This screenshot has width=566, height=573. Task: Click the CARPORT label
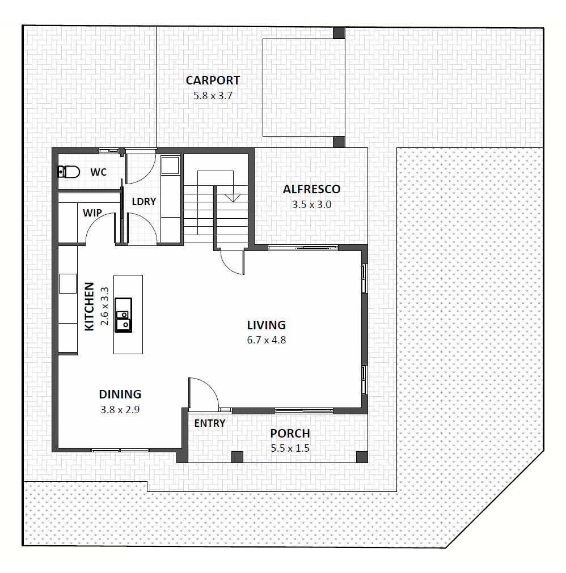pyautogui.click(x=213, y=80)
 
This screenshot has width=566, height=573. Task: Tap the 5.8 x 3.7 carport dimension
pyautogui.click(x=213, y=96)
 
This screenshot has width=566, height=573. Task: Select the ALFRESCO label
pyautogui.click(x=311, y=189)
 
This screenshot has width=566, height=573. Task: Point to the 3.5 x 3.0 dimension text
pyautogui.click(x=311, y=205)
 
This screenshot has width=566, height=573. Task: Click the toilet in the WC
pyautogui.click(x=69, y=172)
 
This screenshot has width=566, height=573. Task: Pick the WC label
pyautogui.click(x=98, y=172)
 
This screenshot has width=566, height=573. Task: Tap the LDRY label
pyautogui.click(x=143, y=202)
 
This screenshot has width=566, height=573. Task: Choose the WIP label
pyautogui.click(x=92, y=213)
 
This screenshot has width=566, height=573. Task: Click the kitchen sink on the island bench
pyautogui.click(x=123, y=315)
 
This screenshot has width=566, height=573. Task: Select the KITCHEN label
pyautogui.click(x=89, y=307)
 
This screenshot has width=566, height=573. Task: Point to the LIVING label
pyautogui.click(x=266, y=325)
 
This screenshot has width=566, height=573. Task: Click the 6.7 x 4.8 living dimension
pyautogui.click(x=266, y=340)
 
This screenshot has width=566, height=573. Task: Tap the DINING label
pyautogui.click(x=120, y=394)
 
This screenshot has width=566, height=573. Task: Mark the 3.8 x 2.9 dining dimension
pyautogui.click(x=120, y=410)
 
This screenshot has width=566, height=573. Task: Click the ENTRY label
pyautogui.click(x=209, y=423)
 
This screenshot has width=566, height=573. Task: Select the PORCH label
pyautogui.click(x=290, y=434)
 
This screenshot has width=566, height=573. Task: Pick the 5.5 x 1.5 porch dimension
pyautogui.click(x=290, y=448)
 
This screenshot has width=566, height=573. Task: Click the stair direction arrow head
pyautogui.click(x=233, y=198)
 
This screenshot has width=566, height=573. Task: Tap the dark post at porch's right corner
pyautogui.click(x=362, y=457)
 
